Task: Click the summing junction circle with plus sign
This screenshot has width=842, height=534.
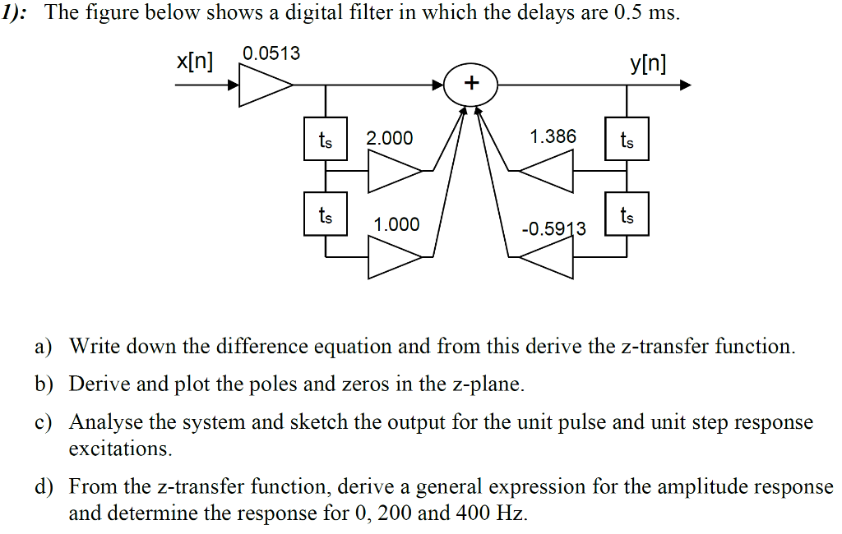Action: (471, 84)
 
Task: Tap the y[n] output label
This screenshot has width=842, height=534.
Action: (649, 63)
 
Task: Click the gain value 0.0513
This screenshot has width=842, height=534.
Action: (271, 54)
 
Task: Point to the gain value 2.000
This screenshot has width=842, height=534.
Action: (390, 138)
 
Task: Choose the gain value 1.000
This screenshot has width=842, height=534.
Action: (396, 224)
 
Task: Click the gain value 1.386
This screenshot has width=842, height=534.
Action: (553, 136)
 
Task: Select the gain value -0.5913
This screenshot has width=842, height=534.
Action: (554, 228)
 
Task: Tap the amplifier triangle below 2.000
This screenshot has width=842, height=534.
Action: (393, 171)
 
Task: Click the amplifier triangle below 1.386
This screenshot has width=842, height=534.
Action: (546, 171)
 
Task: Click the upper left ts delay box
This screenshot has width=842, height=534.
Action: (326, 140)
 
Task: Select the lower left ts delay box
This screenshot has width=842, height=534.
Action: (326, 215)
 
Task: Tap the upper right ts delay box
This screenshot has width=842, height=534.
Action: (627, 140)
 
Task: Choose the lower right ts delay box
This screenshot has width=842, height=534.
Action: (627, 215)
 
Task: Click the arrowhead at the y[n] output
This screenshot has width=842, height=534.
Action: (685, 85)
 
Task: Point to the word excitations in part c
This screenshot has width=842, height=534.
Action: (120, 449)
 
